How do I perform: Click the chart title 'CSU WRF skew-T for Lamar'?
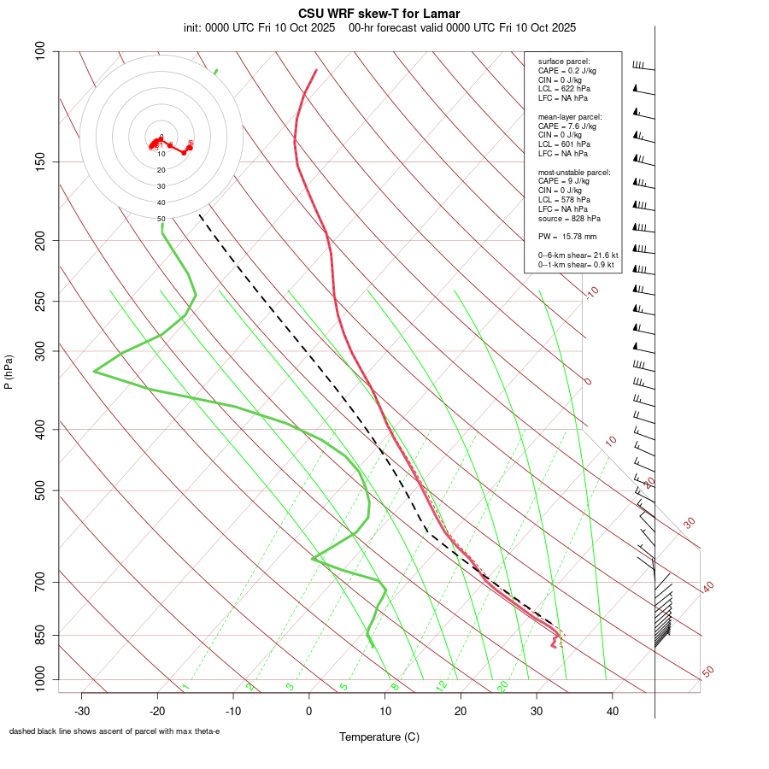(x=379, y=14)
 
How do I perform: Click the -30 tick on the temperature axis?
(x=82, y=711)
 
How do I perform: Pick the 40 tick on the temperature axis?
(x=612, y=711)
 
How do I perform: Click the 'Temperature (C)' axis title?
(x=379, y=737)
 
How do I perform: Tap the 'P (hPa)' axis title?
(x=9, y=372)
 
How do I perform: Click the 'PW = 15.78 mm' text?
(x=567, y=237)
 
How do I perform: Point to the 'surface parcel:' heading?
(x=563, y=62)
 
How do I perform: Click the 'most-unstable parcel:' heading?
(x=574, y=172)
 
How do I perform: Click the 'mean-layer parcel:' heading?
(x=570, y=116)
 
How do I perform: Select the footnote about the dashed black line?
(x=114, y=731)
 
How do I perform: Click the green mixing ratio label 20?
(x=502, y=686)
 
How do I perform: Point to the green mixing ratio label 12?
(x=442, y=686)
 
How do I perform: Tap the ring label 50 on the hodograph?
(x=161, y=219)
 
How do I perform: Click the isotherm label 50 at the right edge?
(x=707, y=672)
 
